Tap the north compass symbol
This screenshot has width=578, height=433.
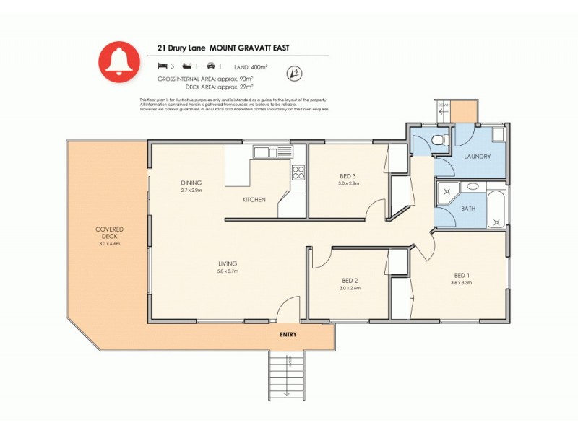(x=293, y=72)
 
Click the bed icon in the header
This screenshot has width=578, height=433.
(x=162, y=66)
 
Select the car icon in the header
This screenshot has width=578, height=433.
(x=210, y=66)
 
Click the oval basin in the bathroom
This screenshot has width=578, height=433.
(x=473, y=186)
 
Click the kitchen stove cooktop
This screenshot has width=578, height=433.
(x=298, y=172)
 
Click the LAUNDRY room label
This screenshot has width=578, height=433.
(x=478, y=157)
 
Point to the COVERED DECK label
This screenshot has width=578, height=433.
(x=109, y=232)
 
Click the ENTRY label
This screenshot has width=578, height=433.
(x=288, y=334)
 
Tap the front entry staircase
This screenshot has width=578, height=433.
(x=288, y=376)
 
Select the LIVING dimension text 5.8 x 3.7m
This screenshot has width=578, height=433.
(x=228, y=271)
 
